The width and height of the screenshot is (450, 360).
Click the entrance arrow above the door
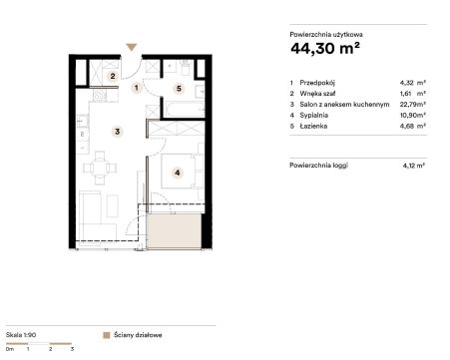point(132,47)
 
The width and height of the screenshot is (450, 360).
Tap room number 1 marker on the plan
point(137,88)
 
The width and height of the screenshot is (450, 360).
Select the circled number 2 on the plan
point(113,76)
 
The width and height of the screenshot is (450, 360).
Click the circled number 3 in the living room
point(117,132)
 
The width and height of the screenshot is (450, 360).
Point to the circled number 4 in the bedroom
point(178,173)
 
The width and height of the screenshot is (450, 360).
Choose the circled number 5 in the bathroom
point(179,89)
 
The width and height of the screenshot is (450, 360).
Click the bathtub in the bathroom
point(185,110)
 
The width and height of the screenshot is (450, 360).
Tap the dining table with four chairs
point(100,168)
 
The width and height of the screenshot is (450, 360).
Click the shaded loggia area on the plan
point(174,230)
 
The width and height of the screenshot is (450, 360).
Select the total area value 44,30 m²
point(325,49)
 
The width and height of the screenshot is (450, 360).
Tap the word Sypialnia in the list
point(313,116)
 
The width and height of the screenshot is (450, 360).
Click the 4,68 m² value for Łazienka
point(412,126)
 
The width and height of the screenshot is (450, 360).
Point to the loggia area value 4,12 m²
point(413,166)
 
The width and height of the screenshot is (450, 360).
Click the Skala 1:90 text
point(21,335)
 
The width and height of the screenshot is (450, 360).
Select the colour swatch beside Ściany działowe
point(107,335)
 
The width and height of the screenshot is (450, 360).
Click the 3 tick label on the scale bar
point(72,349)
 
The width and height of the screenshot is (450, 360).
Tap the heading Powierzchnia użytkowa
point(326,34)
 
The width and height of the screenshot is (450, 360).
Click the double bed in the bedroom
point(183,171)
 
